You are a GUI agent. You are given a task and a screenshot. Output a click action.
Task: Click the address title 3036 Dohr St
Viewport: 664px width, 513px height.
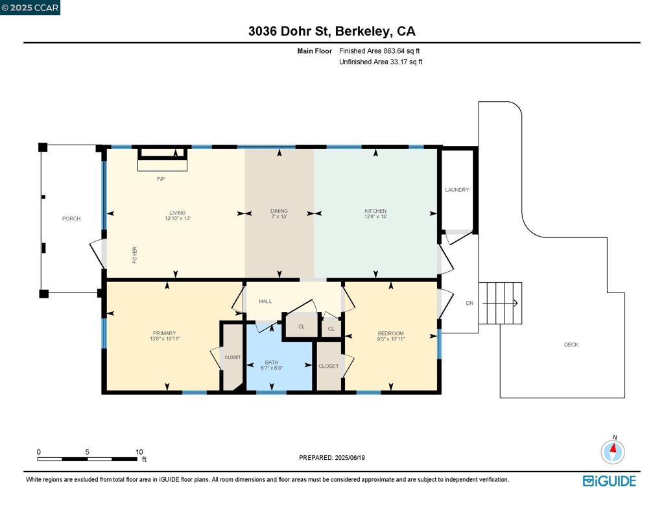331,31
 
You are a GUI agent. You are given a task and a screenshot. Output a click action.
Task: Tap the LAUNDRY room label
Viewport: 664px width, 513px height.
457,190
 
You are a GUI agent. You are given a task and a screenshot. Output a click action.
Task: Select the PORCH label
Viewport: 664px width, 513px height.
71,219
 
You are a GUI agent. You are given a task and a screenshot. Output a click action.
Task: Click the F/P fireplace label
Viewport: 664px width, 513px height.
161,179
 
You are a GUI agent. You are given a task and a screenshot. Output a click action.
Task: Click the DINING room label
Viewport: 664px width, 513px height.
279,211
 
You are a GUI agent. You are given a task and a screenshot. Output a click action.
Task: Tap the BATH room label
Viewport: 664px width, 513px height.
272,363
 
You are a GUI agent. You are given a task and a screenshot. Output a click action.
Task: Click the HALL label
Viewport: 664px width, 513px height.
265,302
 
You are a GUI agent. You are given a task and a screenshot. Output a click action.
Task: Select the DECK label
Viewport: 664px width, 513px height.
571,345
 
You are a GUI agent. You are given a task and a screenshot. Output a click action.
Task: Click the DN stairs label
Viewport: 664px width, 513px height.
469,303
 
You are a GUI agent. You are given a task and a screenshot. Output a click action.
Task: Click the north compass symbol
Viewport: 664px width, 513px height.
613,451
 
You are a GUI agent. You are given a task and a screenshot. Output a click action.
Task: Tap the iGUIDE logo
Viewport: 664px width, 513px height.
609,481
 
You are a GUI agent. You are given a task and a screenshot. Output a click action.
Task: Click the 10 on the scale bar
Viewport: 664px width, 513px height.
139,452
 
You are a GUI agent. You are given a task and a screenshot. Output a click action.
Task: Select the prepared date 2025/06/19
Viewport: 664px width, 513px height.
350,458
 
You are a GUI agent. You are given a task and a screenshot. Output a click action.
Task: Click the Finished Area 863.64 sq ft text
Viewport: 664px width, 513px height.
380,51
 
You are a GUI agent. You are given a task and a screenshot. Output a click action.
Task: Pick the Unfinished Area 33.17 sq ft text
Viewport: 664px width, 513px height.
381,62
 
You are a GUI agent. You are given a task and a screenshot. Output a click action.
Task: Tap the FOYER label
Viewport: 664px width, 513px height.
135,255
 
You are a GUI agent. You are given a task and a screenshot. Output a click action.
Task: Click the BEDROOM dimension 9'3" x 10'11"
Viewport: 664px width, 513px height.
391,339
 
